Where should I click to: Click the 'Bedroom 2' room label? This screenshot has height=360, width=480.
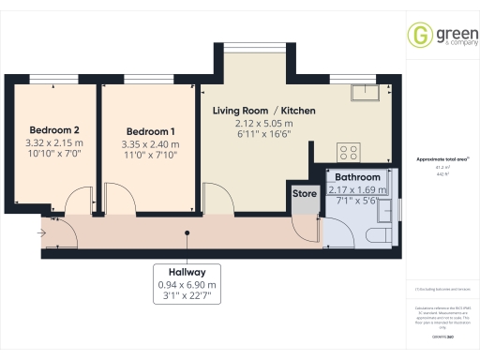(x=53, y=129)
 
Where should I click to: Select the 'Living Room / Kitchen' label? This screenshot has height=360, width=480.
(x=264, y=111)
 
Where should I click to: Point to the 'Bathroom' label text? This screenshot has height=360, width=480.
(x=358, y=177)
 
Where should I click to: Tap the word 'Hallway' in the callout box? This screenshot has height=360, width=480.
(x=186, y=270)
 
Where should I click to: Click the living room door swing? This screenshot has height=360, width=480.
(x=216, y=199)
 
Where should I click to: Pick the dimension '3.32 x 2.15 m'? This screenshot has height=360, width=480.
(x=53, y=143)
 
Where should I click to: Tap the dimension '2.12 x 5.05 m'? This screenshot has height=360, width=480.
(x=264, y=124)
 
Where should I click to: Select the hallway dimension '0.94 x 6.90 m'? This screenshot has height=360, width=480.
(x=186, y=284)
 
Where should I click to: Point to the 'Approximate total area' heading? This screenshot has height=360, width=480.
(x=441, y=160)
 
